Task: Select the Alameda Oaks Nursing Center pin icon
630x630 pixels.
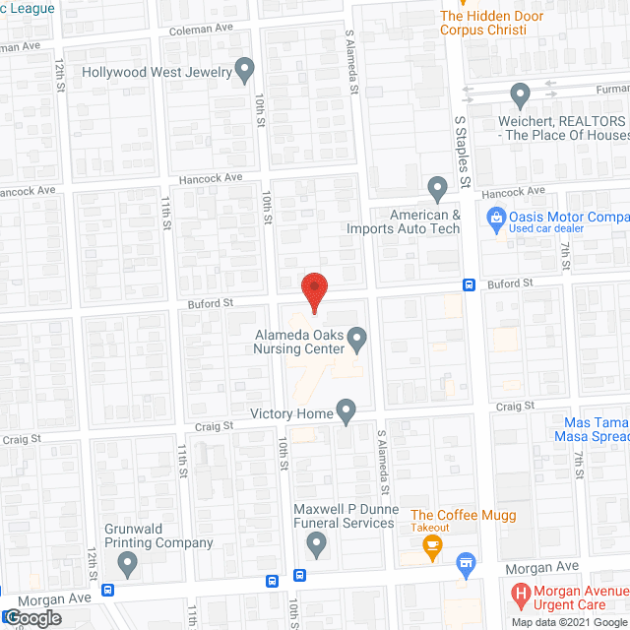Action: pyautogui.click(x=357, y=340)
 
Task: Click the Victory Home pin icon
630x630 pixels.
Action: pyautogui.click(x=346, y=410)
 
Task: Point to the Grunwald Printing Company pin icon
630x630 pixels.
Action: pyautogui.click(x=127, y=563)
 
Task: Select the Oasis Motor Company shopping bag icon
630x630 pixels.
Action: pyautogui.click(x=497, y=217)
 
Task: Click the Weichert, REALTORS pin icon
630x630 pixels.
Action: pyautogui.click(x=521, y=94)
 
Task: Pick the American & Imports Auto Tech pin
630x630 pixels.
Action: pyautogui.click(x=437, y=187)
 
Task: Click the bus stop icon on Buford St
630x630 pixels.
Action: pyautogui.click(x=471, y=285)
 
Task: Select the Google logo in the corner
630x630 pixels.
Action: pyautogui.click(x=31, y=617)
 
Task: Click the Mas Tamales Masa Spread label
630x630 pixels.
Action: pyautogui.click(x=592, y=429)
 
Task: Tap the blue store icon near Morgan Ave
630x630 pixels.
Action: pyautogui.click(x=468, y=564)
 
